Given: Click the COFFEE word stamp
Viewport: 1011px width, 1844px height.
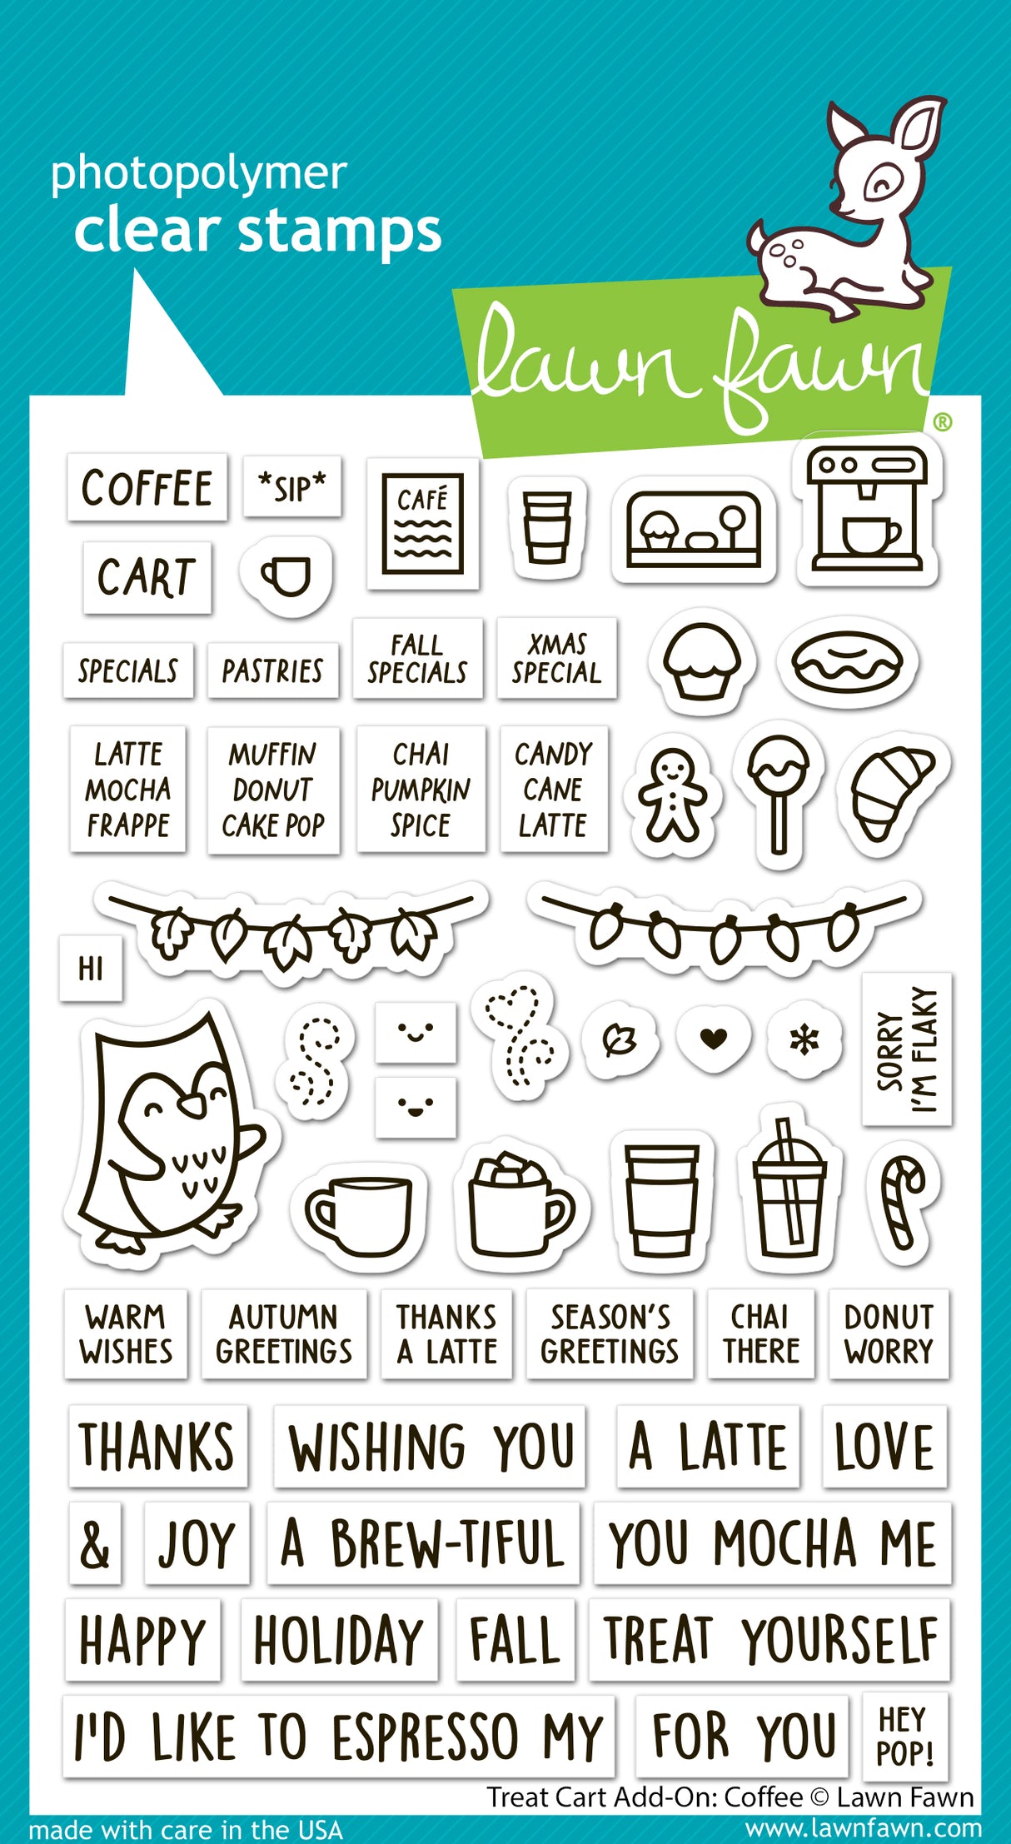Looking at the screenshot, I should click(x=147, y=488).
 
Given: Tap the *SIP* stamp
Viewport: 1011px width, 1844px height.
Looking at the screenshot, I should click(x=292, y=487).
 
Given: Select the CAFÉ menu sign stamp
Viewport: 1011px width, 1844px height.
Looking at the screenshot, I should click(x=422, y=523).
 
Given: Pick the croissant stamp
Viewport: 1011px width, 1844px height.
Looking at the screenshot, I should click(x=890, y=792).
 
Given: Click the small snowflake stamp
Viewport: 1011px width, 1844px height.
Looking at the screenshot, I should click(x=804, y=1039).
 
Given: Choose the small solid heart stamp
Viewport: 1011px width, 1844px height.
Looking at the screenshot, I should click(x=713, y=1038).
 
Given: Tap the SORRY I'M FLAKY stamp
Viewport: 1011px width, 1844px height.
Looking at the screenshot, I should click(x=907, y=1049).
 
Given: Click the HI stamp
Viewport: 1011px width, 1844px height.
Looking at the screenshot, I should click(x=91, y=969).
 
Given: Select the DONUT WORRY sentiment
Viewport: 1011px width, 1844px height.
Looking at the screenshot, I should click(x=889, y=1333).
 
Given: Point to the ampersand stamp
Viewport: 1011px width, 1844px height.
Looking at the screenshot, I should click(x=95, y=1543).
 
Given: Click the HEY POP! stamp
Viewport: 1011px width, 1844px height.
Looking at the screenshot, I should click(x=904, y=1736).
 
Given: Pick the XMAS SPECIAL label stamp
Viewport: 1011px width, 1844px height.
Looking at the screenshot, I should click(x=556, y=658).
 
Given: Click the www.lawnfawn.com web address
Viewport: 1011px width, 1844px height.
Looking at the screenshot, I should click(x=863, y=1829).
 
